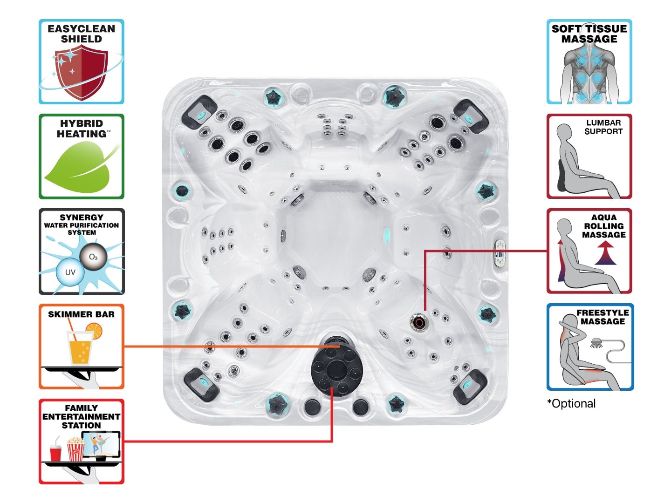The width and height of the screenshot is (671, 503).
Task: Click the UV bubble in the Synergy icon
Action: [x=70, y=272]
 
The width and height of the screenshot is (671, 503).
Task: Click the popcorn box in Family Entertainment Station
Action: [x=75, y=450]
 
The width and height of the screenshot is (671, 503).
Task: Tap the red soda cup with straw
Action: [x=55, y=452]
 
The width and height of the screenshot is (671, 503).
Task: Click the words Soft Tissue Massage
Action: [x=589, y=34]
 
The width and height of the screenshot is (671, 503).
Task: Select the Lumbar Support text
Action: [x=603, y=127]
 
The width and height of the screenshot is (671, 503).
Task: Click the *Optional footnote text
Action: [x=571, y=403]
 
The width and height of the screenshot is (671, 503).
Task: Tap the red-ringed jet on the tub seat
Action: [x=418, y=322]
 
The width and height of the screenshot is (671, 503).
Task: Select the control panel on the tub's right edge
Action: [x=500, y=254]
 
